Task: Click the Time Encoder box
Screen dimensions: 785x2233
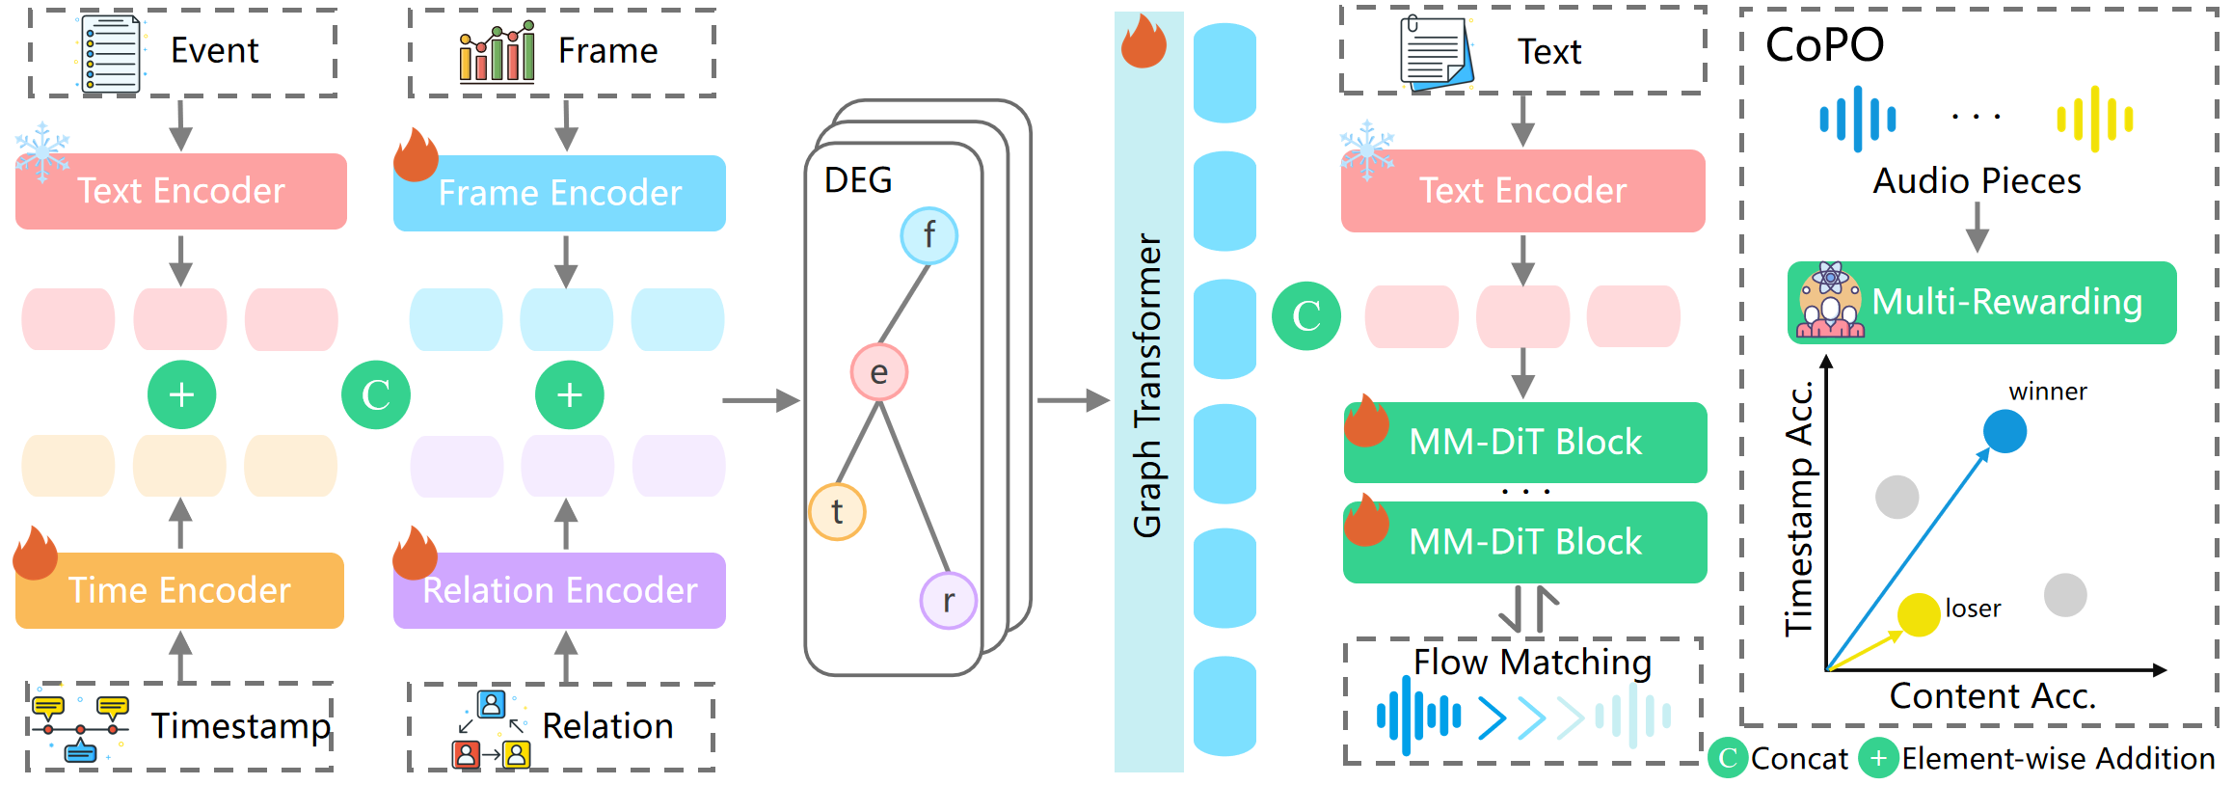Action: tap(179, 589)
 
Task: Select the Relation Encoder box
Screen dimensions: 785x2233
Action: tap(559, 589)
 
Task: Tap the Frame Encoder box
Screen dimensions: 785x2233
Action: tap(559, 193)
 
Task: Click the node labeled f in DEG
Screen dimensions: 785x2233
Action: tap(928, 235)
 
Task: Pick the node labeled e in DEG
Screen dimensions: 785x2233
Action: tap(878, 372)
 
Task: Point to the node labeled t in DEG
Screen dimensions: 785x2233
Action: tap(837, 511)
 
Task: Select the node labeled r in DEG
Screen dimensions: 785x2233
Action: tap(949, 600)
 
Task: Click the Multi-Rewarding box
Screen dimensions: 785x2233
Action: tap(1981, 302)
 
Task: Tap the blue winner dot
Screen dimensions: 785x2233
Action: tap(2004, 431)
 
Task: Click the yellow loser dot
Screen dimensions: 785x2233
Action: tap(1918, 614)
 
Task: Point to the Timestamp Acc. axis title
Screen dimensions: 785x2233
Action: tap(1799, 508)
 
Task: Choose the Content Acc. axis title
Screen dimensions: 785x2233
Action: tap(1992, 695)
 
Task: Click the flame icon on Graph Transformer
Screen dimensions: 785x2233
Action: tap(1143, 41)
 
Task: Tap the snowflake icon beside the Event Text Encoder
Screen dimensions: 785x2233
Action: tap(42, 150)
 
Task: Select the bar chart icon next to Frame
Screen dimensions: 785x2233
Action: tap(497, 52)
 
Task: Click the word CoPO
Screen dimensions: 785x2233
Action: tap(1824, 44)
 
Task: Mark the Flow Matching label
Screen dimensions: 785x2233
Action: tap(1532, 663)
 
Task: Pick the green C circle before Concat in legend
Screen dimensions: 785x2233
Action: tap(1728, 759)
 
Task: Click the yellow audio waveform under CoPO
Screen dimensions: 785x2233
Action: tap(2094, 119)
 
